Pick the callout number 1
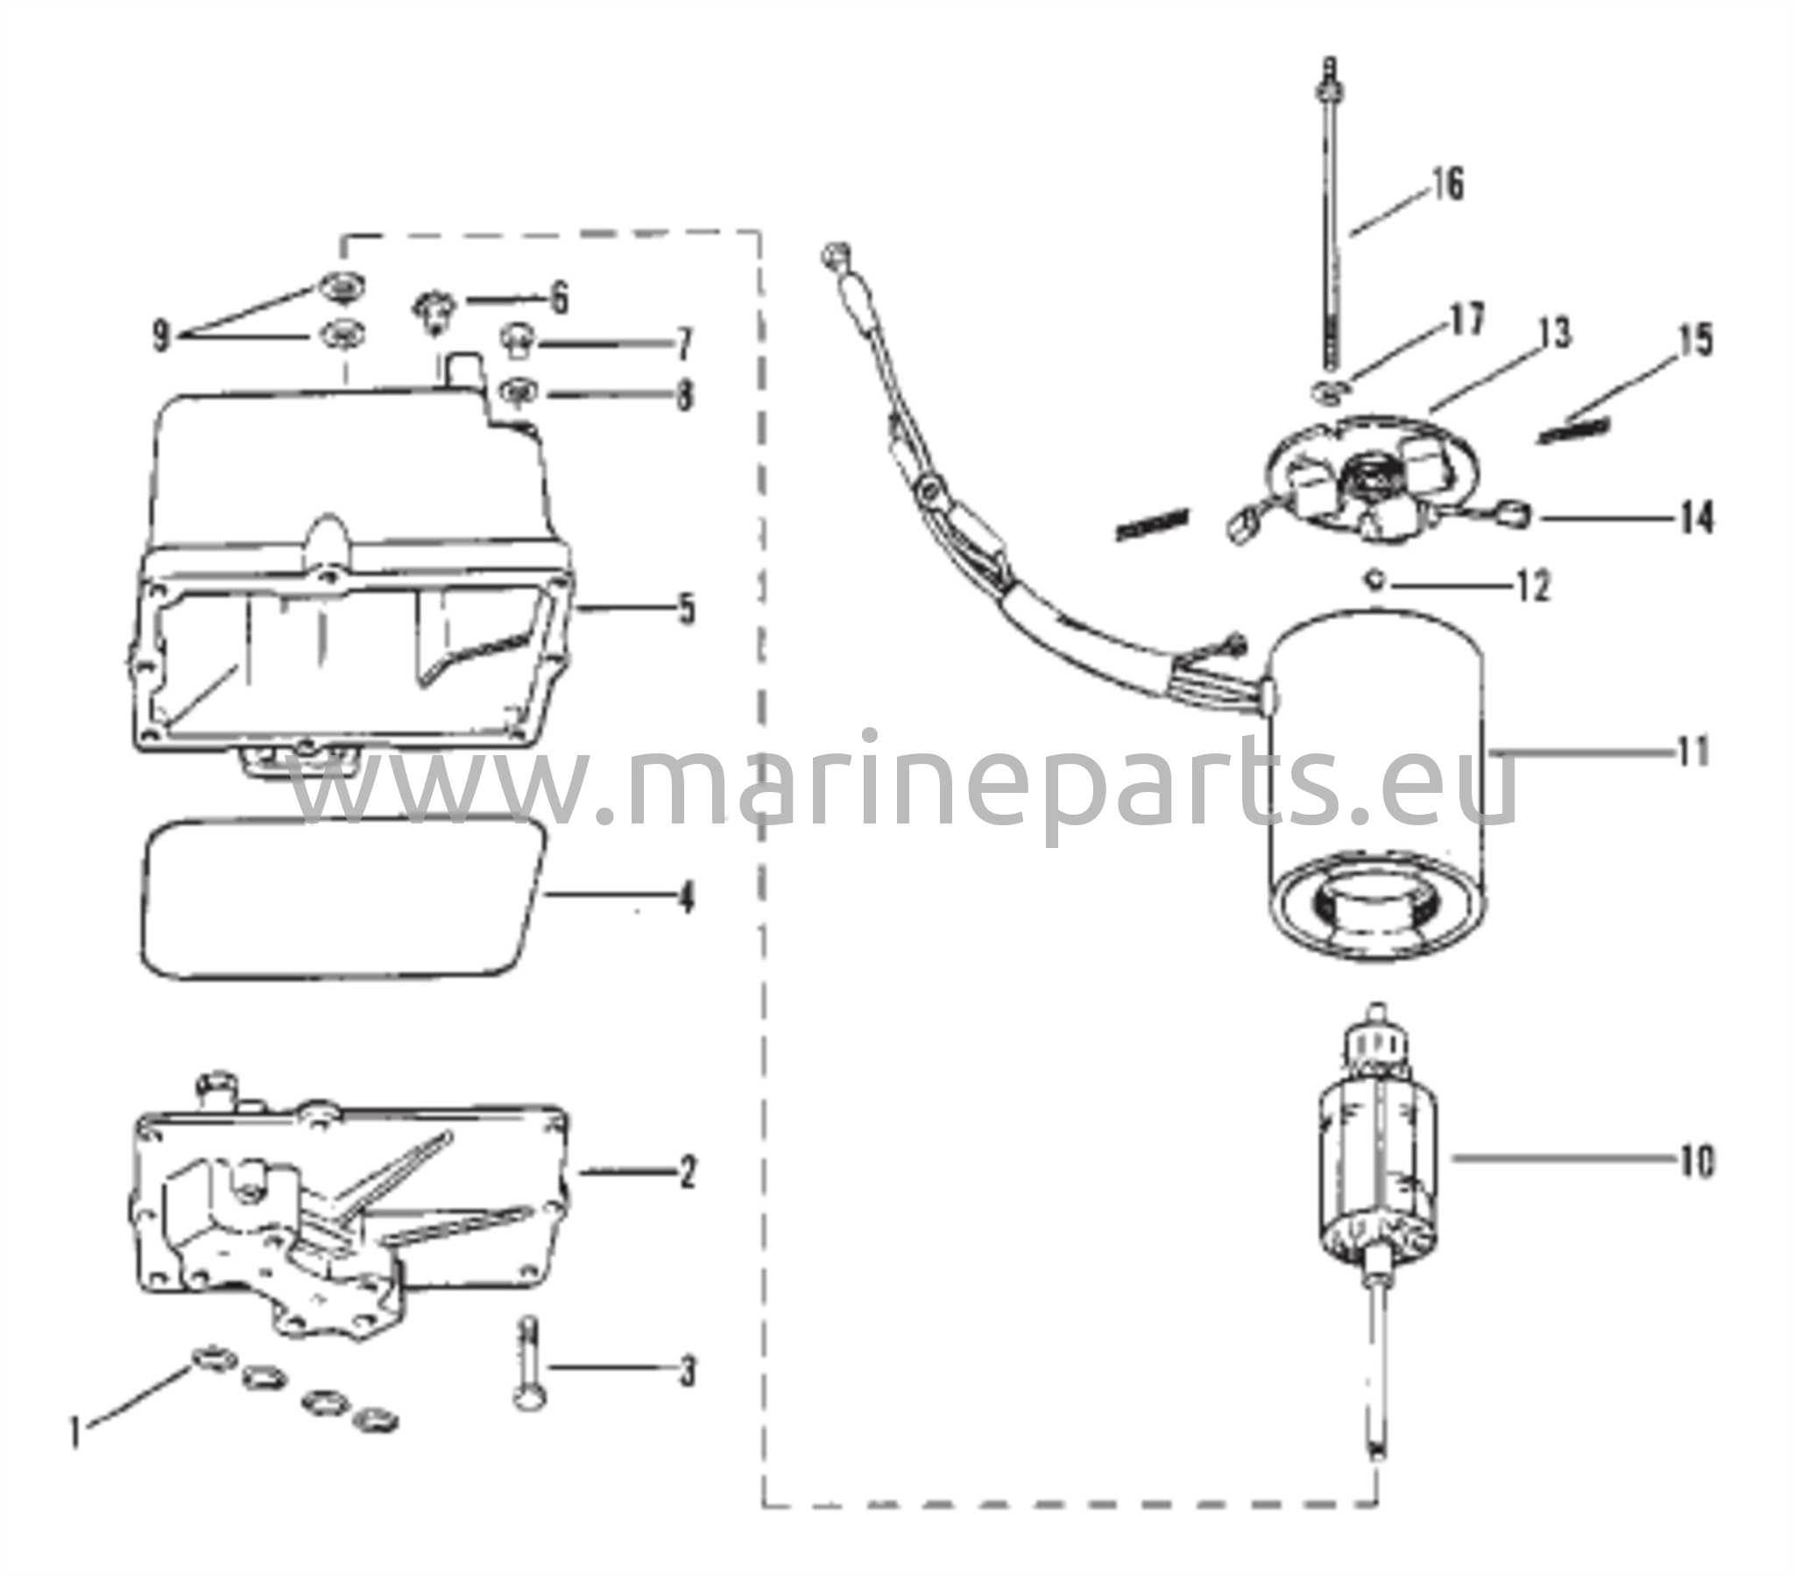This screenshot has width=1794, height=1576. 77,1434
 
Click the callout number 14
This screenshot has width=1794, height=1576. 1697,518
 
